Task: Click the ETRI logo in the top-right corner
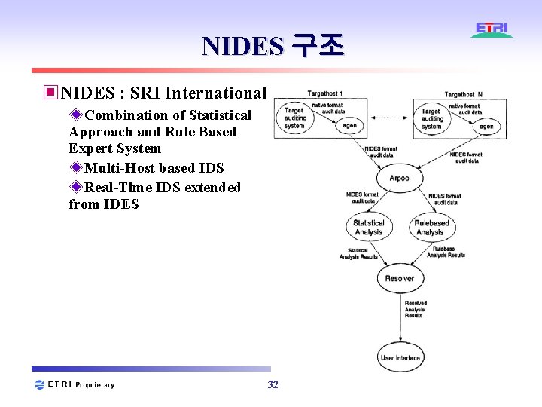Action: (492, 29)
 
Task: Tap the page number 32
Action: (273, 385)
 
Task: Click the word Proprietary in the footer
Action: (96, 385)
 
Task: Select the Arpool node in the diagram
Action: (400, 178)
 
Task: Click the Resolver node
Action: (399, 278)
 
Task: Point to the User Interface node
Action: (400, 357)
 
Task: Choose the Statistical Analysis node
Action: (369, 227)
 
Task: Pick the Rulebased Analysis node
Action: (431, 227)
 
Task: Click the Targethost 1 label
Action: (325, 93)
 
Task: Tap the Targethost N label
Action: (464, 94)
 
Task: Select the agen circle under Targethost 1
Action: (350, 125)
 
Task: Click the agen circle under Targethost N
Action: (486, 126)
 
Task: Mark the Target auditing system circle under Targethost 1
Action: (294, 118)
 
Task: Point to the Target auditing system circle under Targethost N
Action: (431, 119)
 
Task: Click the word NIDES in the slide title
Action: (242, 47)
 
